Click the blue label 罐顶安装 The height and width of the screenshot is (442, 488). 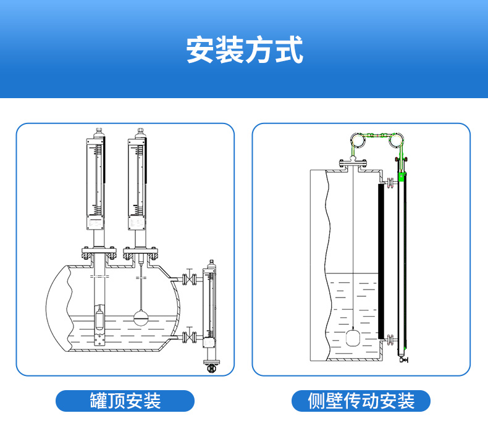point(125,401)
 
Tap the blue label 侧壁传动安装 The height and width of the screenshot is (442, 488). point(361,401)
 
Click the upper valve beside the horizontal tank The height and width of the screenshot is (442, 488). point(191,279)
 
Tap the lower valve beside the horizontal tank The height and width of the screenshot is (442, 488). point(191,337)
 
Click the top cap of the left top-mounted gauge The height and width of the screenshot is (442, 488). point(98,132)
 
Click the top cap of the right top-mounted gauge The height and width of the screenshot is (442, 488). point(141,132)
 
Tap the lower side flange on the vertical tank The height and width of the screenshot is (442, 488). point(390,337)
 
